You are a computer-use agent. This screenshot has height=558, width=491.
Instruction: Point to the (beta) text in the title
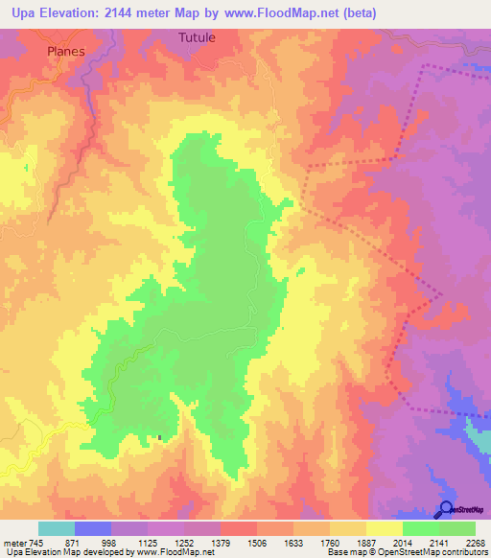coord(377,13)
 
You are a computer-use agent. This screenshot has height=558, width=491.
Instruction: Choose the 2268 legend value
coord(475,542)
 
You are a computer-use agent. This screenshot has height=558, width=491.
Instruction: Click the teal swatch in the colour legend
coord(57,528)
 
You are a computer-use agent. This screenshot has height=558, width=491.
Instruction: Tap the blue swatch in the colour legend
coord(93,528)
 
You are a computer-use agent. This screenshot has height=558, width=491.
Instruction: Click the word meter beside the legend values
coord(13,542)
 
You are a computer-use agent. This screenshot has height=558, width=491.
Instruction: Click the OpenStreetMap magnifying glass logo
coord(446,509)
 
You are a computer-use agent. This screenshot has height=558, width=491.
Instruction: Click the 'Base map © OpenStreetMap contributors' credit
coord(407,552)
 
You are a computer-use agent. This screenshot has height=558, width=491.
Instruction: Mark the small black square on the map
coord(159,439)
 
